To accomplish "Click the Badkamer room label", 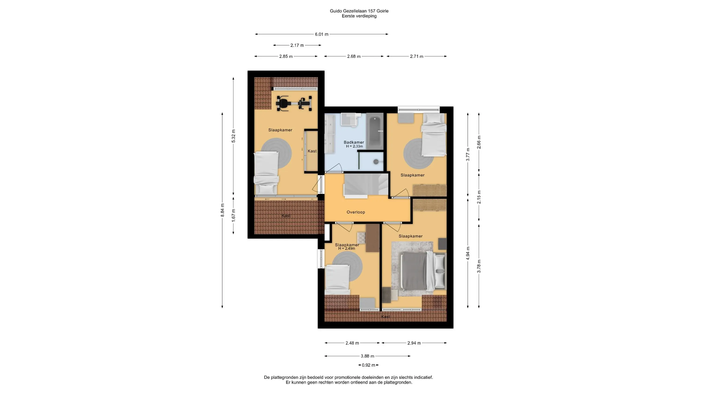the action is pyautogui.click(x=354, y=142).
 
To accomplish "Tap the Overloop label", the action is pyautogui.click(x=356, y=212).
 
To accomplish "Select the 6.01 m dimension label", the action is pyautogui.click(x=322, y=34).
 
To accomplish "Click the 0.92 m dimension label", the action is pyautogui.click(x=368, y=365).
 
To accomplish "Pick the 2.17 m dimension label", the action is pyautogui.click(x=297, y=46).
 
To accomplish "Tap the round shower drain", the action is pyautogui.click(x=376, y=162).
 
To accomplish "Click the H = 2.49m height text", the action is pyautogui.click(x=347, y=249).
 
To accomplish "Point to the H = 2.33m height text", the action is pyautogui.click(x=354, y=146).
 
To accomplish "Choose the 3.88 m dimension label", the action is pyautogui.click(x=367, y=356).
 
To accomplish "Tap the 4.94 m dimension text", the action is pyautogui.click(x=468, y=253).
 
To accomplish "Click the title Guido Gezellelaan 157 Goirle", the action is pyautogui.click(x=359, y=11).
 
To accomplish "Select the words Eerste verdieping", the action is pyautogui.click(x=359, y=16).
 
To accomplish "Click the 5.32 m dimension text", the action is pyautogui.click(x=233, y=136).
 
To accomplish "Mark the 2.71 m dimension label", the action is pyautogui.click(x=417, y=56).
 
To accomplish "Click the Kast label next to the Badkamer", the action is pyautogui.click(x=312, y=151).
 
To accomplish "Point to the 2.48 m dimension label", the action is pyautogui.click(x=352, y=343).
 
